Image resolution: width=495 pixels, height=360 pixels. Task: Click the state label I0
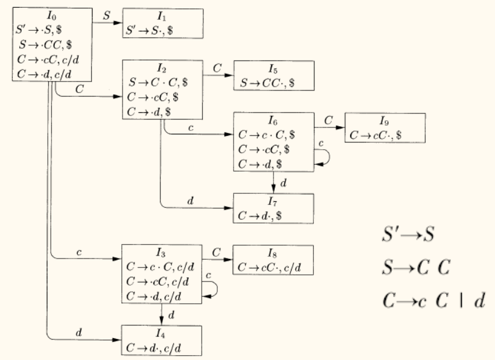point(51,14)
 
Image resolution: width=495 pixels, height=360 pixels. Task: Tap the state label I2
point(162,66)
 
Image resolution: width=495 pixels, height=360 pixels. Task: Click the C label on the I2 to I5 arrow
point(217,68)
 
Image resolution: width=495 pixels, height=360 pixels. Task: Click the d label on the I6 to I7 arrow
point(284,182)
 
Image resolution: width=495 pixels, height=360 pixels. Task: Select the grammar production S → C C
point(417,267)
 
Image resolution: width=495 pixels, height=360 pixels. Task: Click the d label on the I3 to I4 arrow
point(171,315)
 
